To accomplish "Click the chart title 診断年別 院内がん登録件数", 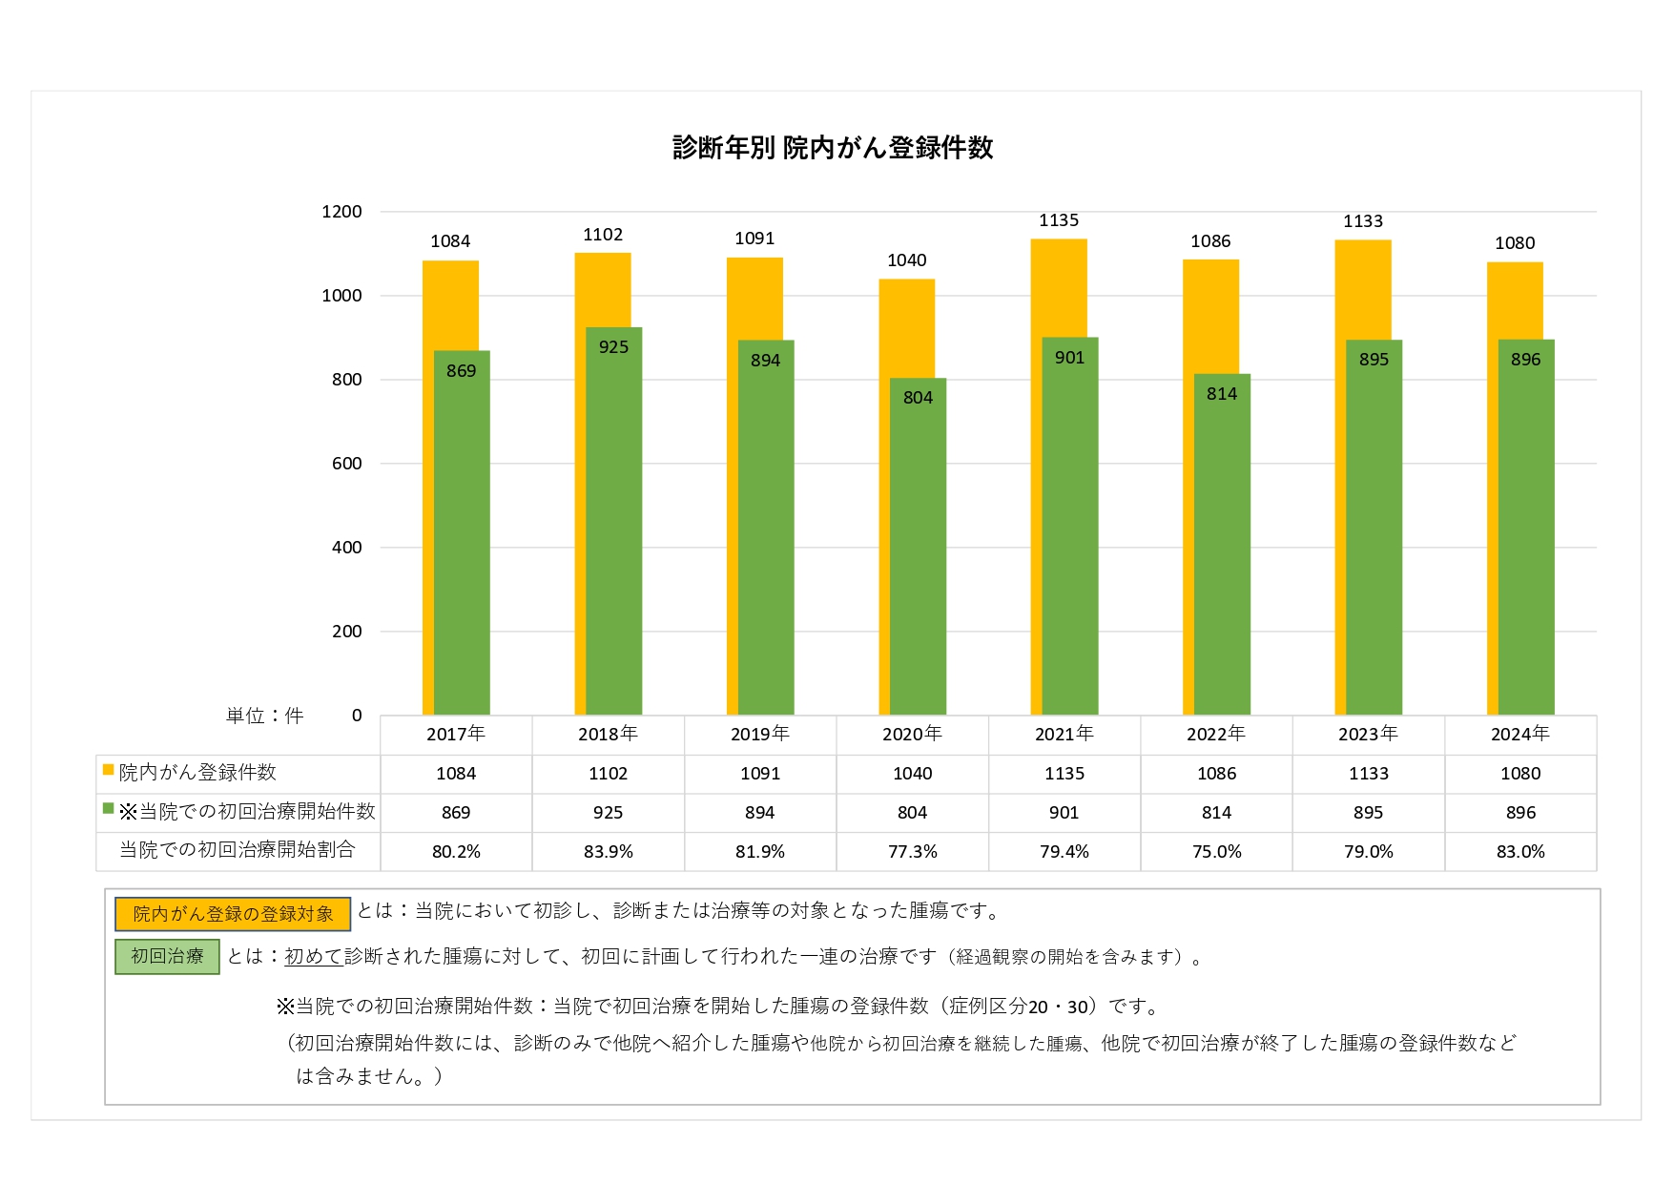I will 833,148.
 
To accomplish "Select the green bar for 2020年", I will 918,553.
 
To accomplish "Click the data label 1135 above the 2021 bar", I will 1059,220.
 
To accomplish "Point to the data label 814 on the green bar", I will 1221,393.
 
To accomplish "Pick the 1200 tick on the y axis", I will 341,212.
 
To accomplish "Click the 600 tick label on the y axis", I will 346,464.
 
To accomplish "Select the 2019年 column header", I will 760,734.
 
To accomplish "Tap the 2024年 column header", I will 1520,734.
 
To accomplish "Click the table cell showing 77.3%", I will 912,851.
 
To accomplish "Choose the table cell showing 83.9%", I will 608,851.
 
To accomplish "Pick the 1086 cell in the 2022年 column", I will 1216,774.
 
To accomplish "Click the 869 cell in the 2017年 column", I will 456,813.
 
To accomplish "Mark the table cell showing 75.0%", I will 1216,851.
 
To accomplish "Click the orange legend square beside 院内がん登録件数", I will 109,770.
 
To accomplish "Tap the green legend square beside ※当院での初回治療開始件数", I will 109,809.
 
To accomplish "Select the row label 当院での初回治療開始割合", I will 237,850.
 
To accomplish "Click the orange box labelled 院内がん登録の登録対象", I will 233,914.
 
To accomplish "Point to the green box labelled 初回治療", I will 167,956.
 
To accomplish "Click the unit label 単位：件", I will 264,716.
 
